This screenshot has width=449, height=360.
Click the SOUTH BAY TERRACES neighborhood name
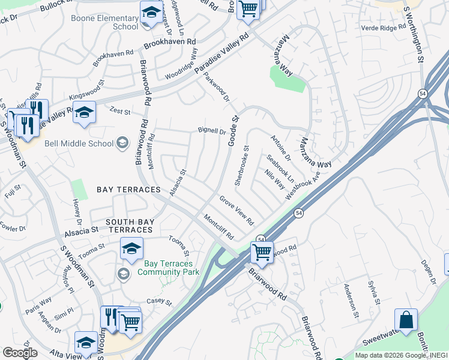pyautogui.click(x=130, y=226)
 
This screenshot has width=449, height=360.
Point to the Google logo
pyautogui.click(x=20, y=353)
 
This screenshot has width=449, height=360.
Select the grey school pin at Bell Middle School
pyautogui.click(x=122, y=142)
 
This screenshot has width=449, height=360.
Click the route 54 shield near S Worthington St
pyautogui.click(x=423, y=94)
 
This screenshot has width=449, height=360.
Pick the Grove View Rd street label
pyautogui.click(x=236, y=208)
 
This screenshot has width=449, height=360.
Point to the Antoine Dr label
pyautogui.click(x=280, y=148)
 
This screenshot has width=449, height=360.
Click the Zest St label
pyautogui.click(x=120, y=110)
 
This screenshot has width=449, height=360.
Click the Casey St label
pyautogui.click(x=159, y=302)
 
